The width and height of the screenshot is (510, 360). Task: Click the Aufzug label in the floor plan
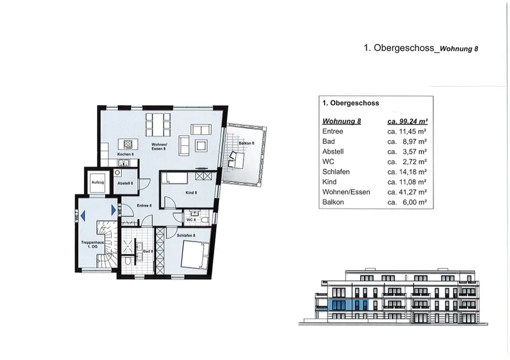[98, 182]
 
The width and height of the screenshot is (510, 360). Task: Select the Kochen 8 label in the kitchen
[125, 154]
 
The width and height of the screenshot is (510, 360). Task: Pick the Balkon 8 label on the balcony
[246, 143]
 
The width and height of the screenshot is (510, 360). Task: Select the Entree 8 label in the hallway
[145, 205]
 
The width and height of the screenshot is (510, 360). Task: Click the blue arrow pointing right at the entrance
[113, 209]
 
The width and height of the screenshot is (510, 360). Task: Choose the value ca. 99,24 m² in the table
[407, 120]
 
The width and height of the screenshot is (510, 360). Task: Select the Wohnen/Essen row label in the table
[346, 192]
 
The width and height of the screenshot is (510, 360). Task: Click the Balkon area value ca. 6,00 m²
[407, 202]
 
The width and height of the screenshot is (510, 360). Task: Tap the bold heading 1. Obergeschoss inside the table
[351, 102]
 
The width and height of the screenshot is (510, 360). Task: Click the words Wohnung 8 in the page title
[458, 48]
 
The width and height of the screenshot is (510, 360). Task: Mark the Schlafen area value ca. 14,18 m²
[407, 171]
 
